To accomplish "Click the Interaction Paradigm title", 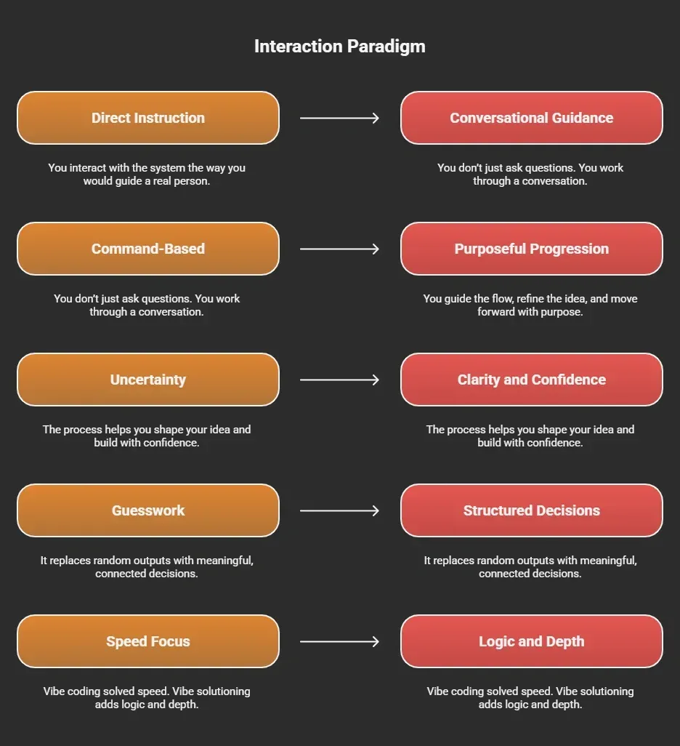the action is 339,47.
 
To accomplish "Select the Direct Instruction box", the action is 148,118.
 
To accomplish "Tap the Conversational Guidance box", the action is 532,118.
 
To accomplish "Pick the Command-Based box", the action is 148,249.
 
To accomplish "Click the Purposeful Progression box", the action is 532,249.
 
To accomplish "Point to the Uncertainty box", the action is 148,380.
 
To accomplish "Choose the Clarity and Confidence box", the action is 532,380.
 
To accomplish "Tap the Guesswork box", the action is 148,510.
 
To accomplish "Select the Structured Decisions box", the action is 532,510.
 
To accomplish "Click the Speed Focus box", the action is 148,641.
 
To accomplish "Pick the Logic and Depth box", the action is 532,641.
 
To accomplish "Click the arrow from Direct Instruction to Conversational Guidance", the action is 339,118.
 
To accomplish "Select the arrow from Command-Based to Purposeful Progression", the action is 339,249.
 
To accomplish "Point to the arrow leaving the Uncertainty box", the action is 339,380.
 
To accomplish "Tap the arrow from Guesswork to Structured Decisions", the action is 339,510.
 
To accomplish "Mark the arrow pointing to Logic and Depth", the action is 339,641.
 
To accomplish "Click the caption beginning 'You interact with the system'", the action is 147,174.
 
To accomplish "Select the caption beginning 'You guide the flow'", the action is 530,305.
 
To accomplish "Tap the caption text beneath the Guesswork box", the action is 147,566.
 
